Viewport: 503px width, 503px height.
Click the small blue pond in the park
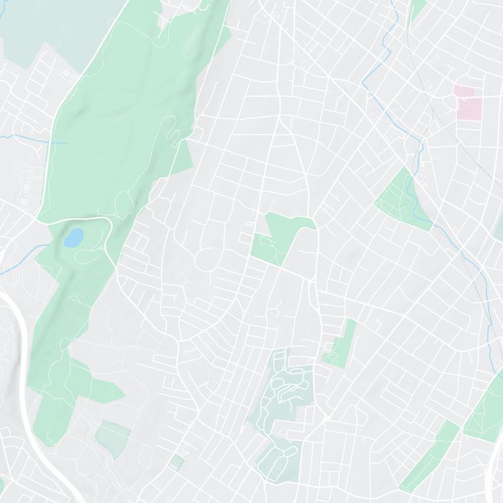click(x=74, y=237)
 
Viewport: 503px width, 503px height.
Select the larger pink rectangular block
click(x=468, y=108)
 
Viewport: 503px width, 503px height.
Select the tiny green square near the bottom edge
click(x=178, y=462)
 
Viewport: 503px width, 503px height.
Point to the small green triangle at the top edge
click(x=417, y=9)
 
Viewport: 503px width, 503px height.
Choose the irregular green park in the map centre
click(x=280, y=236)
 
